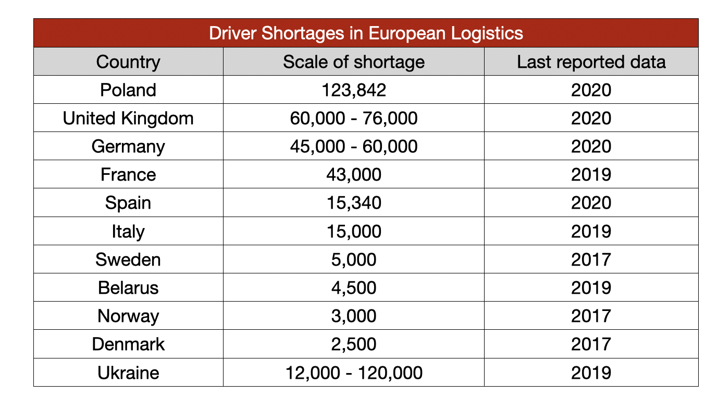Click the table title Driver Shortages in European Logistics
[x=366, y=33]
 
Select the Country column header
[x=128, y=62]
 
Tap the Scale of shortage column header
[x=354, y=62]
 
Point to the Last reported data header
[x=591, y=62]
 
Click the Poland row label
[x=128, y=90]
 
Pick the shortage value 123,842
[x=354, y=90]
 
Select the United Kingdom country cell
[x=128, y=118]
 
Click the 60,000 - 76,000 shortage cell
[x=354, y=118]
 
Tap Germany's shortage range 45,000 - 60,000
[x=354, y=147]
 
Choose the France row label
[x=128, y=174]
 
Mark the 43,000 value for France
[x=354, y=174]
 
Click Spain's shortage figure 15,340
[x=354, y=202]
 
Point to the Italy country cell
[x=128, y=231]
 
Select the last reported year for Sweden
[x=591, y=259]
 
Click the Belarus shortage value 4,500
[x=354, y=288]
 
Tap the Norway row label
[x=128, y=316]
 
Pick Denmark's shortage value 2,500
[x=354, y=344]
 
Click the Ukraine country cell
[x=128, y=373]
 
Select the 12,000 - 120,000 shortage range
[x=354, y=373]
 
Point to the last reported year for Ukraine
[x=591, y=373]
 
